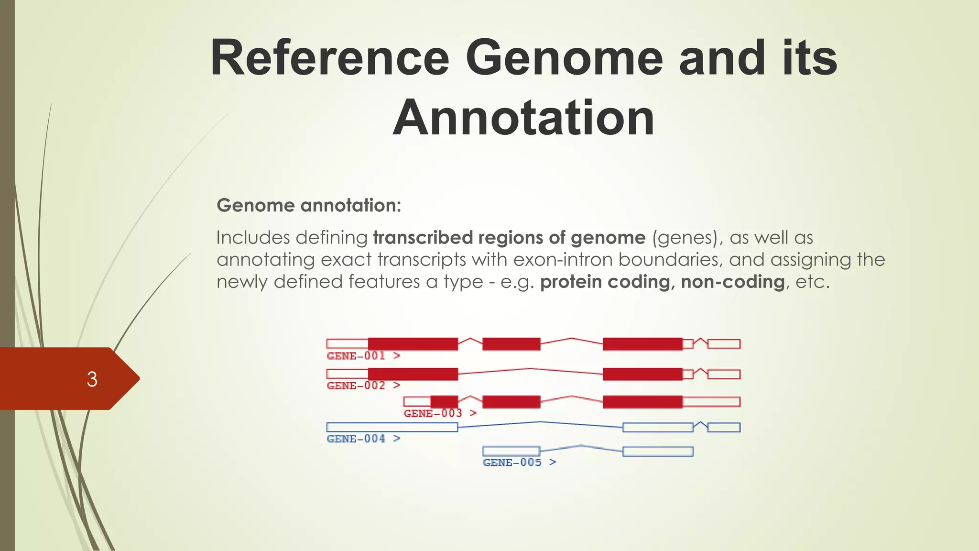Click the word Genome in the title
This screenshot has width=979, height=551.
[x=564, y=58]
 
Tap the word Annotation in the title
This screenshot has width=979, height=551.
[x=523, y=118]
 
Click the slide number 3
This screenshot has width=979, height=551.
[x=92, y=379]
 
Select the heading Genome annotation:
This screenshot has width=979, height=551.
[x=309, y=206]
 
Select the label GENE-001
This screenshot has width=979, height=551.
[x=356, y=356]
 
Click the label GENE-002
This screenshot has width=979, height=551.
[x=356, y=386]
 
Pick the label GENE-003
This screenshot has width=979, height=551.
[x=433, y=413]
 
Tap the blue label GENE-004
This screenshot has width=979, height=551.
[x=356, y=439]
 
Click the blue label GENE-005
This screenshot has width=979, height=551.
[x=512, y=463]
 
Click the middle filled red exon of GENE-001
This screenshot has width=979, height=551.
[x=511, y=344]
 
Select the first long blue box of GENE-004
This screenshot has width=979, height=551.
[x=392, y=427]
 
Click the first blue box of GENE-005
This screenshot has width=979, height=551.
[x=511, y=451]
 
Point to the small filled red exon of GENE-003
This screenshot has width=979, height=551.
[x=444, y=402]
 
